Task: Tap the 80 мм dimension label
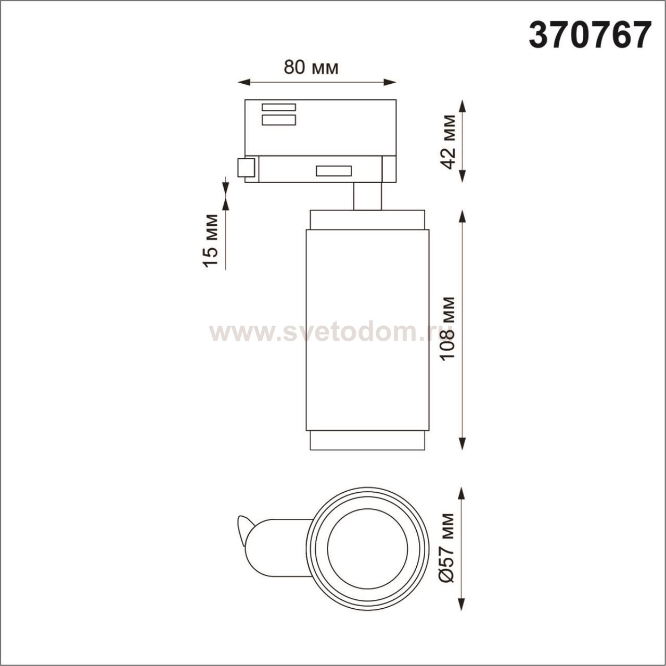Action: tap(311, 68)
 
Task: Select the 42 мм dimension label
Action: tap(449, 142)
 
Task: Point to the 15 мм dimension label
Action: tap(210, 241)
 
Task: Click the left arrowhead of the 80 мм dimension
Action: tap(244, 83)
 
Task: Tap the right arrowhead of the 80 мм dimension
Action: tap(390, 83)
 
